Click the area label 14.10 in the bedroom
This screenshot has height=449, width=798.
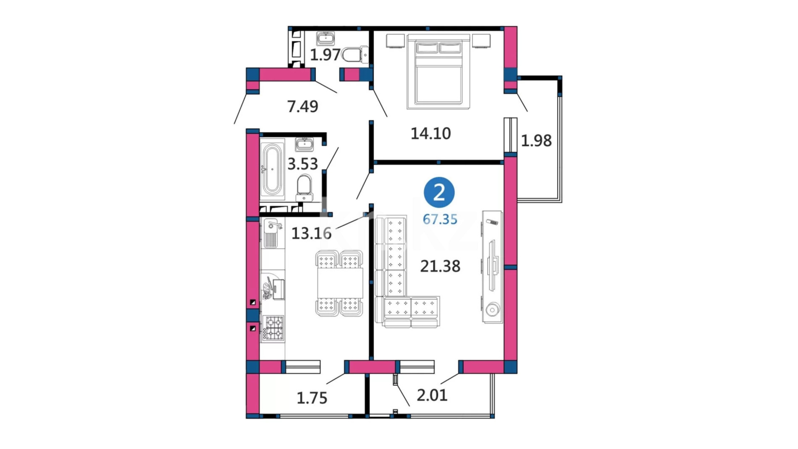430,133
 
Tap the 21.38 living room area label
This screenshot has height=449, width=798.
440,266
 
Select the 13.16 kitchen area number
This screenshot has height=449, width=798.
311,233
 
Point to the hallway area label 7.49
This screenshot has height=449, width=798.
302,106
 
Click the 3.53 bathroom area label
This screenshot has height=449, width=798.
302,164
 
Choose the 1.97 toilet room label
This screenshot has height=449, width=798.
325,55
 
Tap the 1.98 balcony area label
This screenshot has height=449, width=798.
536,141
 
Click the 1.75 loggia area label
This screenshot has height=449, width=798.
312,398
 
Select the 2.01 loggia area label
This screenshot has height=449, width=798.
432,395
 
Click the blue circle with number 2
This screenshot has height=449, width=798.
439,192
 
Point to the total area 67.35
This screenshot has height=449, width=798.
440,219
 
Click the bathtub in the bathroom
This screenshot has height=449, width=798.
272,169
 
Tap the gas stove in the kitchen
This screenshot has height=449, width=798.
274,328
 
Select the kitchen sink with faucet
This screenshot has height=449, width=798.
272,233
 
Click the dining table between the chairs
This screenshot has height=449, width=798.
340,283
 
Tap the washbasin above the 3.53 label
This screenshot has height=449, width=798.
304,144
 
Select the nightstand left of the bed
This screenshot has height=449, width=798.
395,41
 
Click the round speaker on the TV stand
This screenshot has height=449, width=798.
493,310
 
